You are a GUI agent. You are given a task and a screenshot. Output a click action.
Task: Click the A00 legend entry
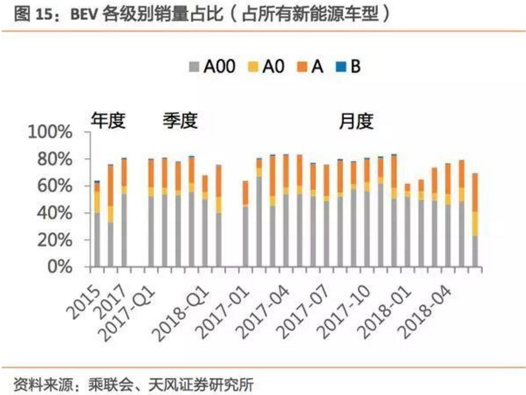click(212, 67)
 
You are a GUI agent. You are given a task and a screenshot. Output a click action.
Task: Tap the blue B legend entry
click(349, 67)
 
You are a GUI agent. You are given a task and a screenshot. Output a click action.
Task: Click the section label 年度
click(108, 121)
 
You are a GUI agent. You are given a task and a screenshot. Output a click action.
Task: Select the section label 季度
click(180, 121)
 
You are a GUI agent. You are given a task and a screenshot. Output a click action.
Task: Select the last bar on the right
click(475, 221)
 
